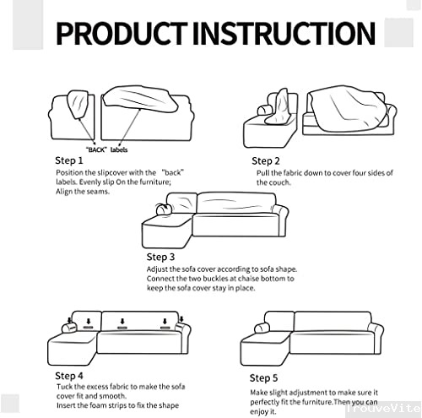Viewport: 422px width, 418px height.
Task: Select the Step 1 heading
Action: [x=69, y=160]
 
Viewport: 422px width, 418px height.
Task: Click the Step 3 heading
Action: [x=160, y=256]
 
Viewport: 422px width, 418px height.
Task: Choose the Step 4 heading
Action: [x=69, y=375]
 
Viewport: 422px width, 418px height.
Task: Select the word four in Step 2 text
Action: [x=349, y=172]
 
